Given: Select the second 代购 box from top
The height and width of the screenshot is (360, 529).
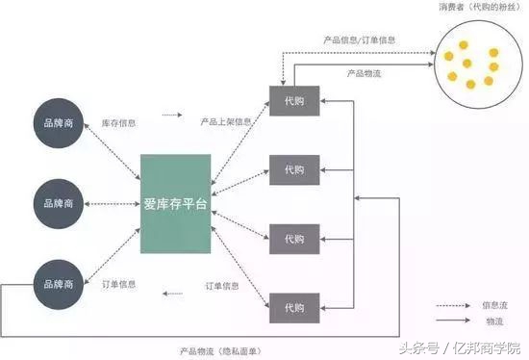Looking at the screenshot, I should coord(293,170).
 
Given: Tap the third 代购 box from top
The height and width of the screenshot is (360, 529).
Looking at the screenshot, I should coord(293,238).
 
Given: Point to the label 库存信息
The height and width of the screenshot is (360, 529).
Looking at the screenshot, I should coord(119,123).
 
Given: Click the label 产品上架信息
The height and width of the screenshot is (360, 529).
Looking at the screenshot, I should coord(226,123).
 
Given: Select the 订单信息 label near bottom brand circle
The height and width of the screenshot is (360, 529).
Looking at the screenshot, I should coord(119,285).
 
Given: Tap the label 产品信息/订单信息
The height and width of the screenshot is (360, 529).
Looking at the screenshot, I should coord(359,40).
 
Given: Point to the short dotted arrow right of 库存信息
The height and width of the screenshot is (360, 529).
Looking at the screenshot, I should coord(172,115).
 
